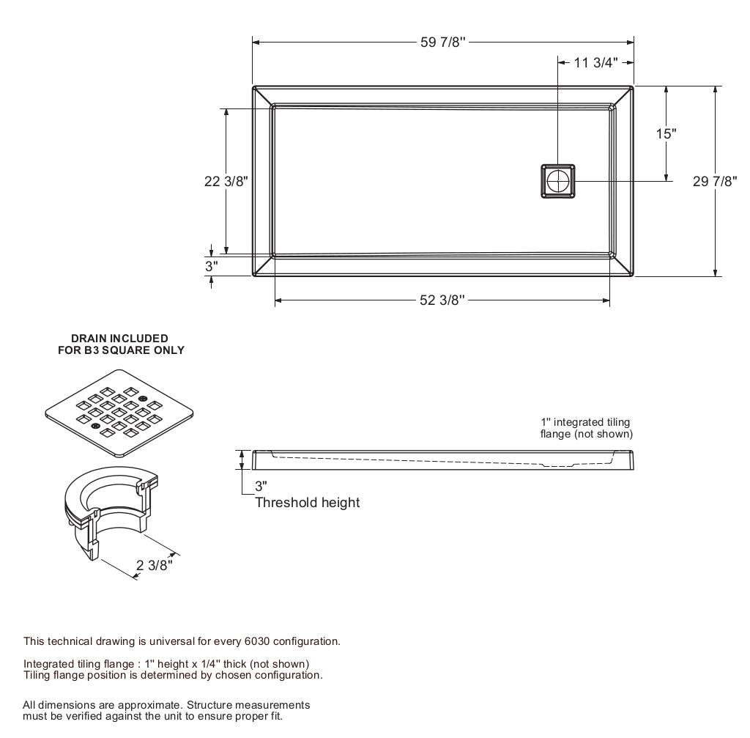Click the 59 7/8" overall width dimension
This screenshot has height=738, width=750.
(x=443, y=43)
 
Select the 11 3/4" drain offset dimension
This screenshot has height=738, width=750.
(x=595, y=63)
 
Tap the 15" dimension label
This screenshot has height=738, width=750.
(x=665, y=133)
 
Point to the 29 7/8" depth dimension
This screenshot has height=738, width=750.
(x=714, y=181)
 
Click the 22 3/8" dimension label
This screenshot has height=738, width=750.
(x=226, y=181)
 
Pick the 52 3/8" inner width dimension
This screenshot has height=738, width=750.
(x=442, y=300)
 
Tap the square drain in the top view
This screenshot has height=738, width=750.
(x=558, y=181)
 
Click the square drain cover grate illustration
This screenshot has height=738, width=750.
(x=119, y=413)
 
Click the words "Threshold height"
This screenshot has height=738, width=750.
(x=308, y=503)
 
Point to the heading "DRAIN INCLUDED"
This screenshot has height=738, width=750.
(x=119, y=339)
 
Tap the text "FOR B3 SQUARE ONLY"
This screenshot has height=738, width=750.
(x=121, y=350)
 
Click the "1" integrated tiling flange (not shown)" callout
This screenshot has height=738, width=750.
(x=586, y=428)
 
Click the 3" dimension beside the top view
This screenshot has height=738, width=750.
(x=211, y=266)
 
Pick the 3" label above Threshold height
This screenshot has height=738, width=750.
(x=261, y=486)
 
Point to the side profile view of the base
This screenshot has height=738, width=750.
(x=442, y=460)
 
